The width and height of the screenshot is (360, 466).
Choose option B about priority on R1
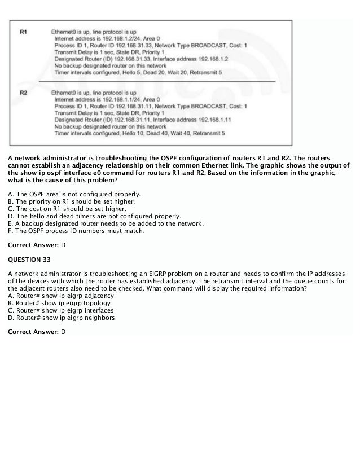[x=73, y=201]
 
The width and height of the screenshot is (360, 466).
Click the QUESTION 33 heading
[x=33, y=259]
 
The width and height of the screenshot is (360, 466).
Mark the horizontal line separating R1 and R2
[x=158, y=82]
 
